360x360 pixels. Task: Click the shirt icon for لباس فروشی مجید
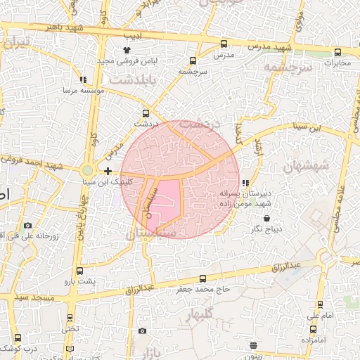click(127, 50)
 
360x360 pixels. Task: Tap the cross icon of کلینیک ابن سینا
click(108, 171)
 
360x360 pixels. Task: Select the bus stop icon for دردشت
click(146, 112)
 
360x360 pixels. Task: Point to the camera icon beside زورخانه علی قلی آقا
click(27, 226)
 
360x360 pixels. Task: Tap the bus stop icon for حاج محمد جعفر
click(203, 278)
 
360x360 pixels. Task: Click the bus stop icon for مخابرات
click(338, 52)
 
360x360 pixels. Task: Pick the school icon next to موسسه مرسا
click(83, 80)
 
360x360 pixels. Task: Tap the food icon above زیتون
click(253, 345)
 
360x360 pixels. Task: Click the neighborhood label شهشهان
click(306, 166)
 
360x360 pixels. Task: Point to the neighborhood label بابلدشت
click(147, 79)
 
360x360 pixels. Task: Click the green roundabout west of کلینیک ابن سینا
click(87, 170)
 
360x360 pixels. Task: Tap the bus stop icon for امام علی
click(320, 304)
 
